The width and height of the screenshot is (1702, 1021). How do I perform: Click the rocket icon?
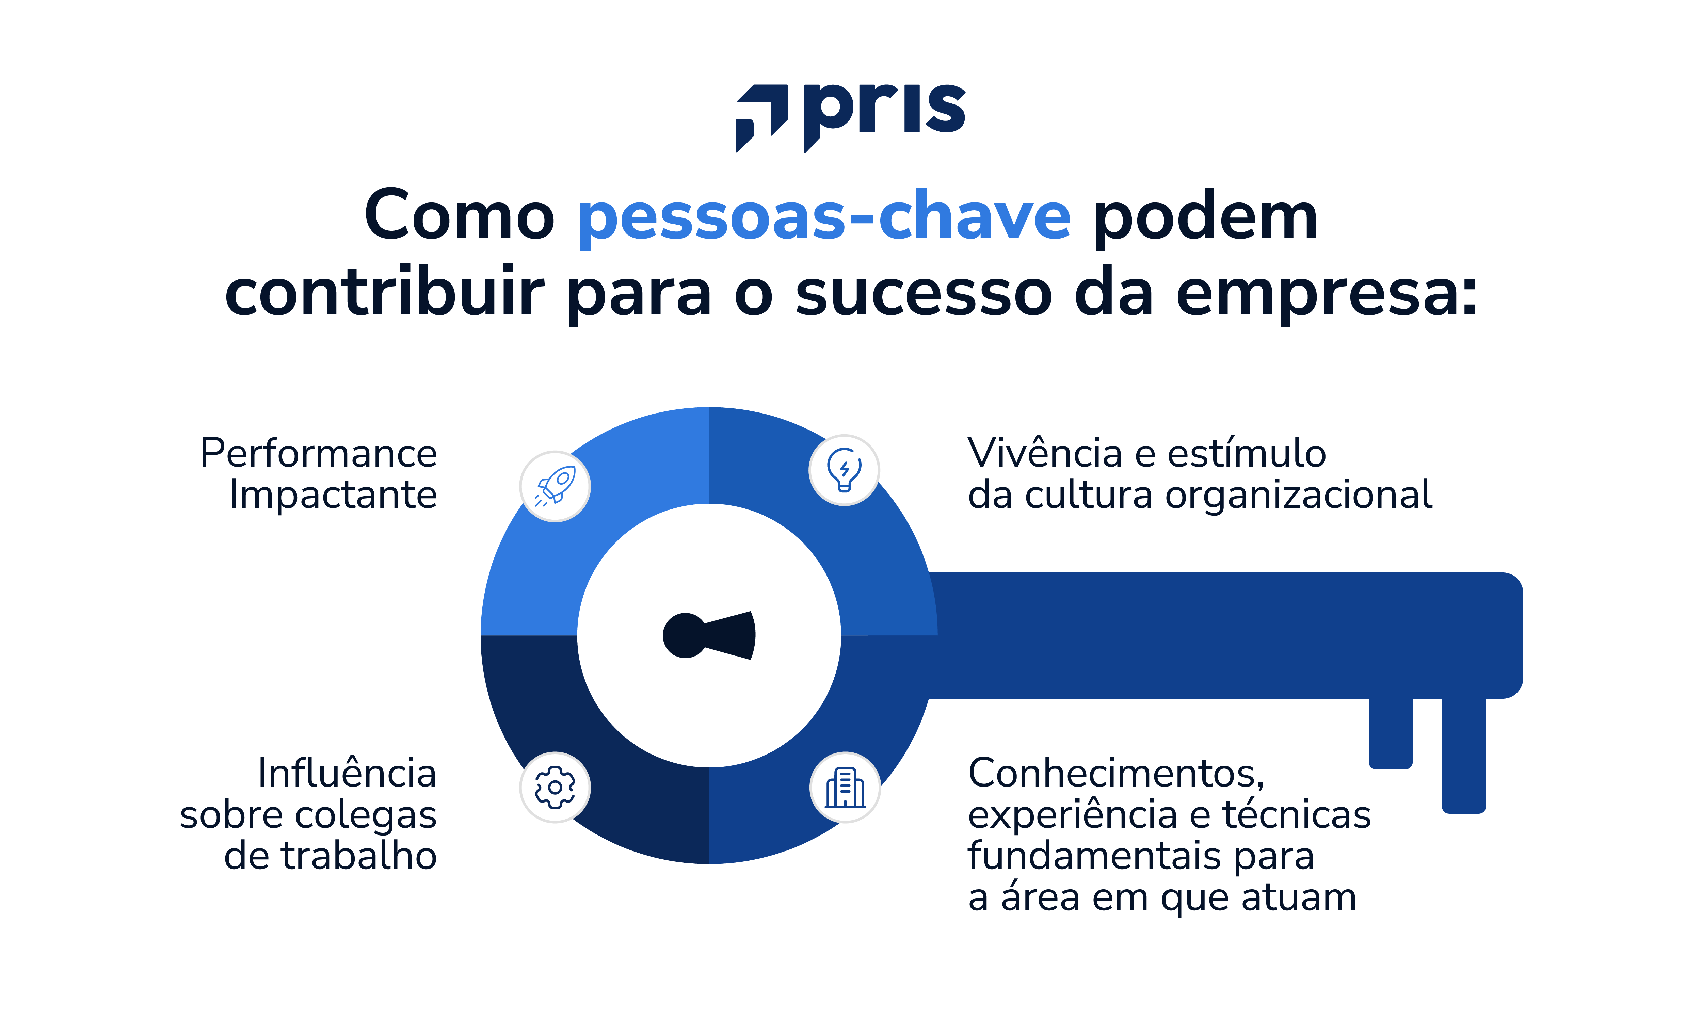tap(555, 486)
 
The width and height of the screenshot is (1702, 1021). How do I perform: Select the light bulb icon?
tap(844, 470)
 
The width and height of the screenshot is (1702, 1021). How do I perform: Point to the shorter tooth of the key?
tap(1390, 733)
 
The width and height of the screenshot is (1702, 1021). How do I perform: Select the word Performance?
tap(319, 454)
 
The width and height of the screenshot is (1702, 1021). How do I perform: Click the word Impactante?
tap(333, 496)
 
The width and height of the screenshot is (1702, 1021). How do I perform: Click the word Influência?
tap(348, 773)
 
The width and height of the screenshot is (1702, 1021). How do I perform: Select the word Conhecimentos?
tap(1116, 773)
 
